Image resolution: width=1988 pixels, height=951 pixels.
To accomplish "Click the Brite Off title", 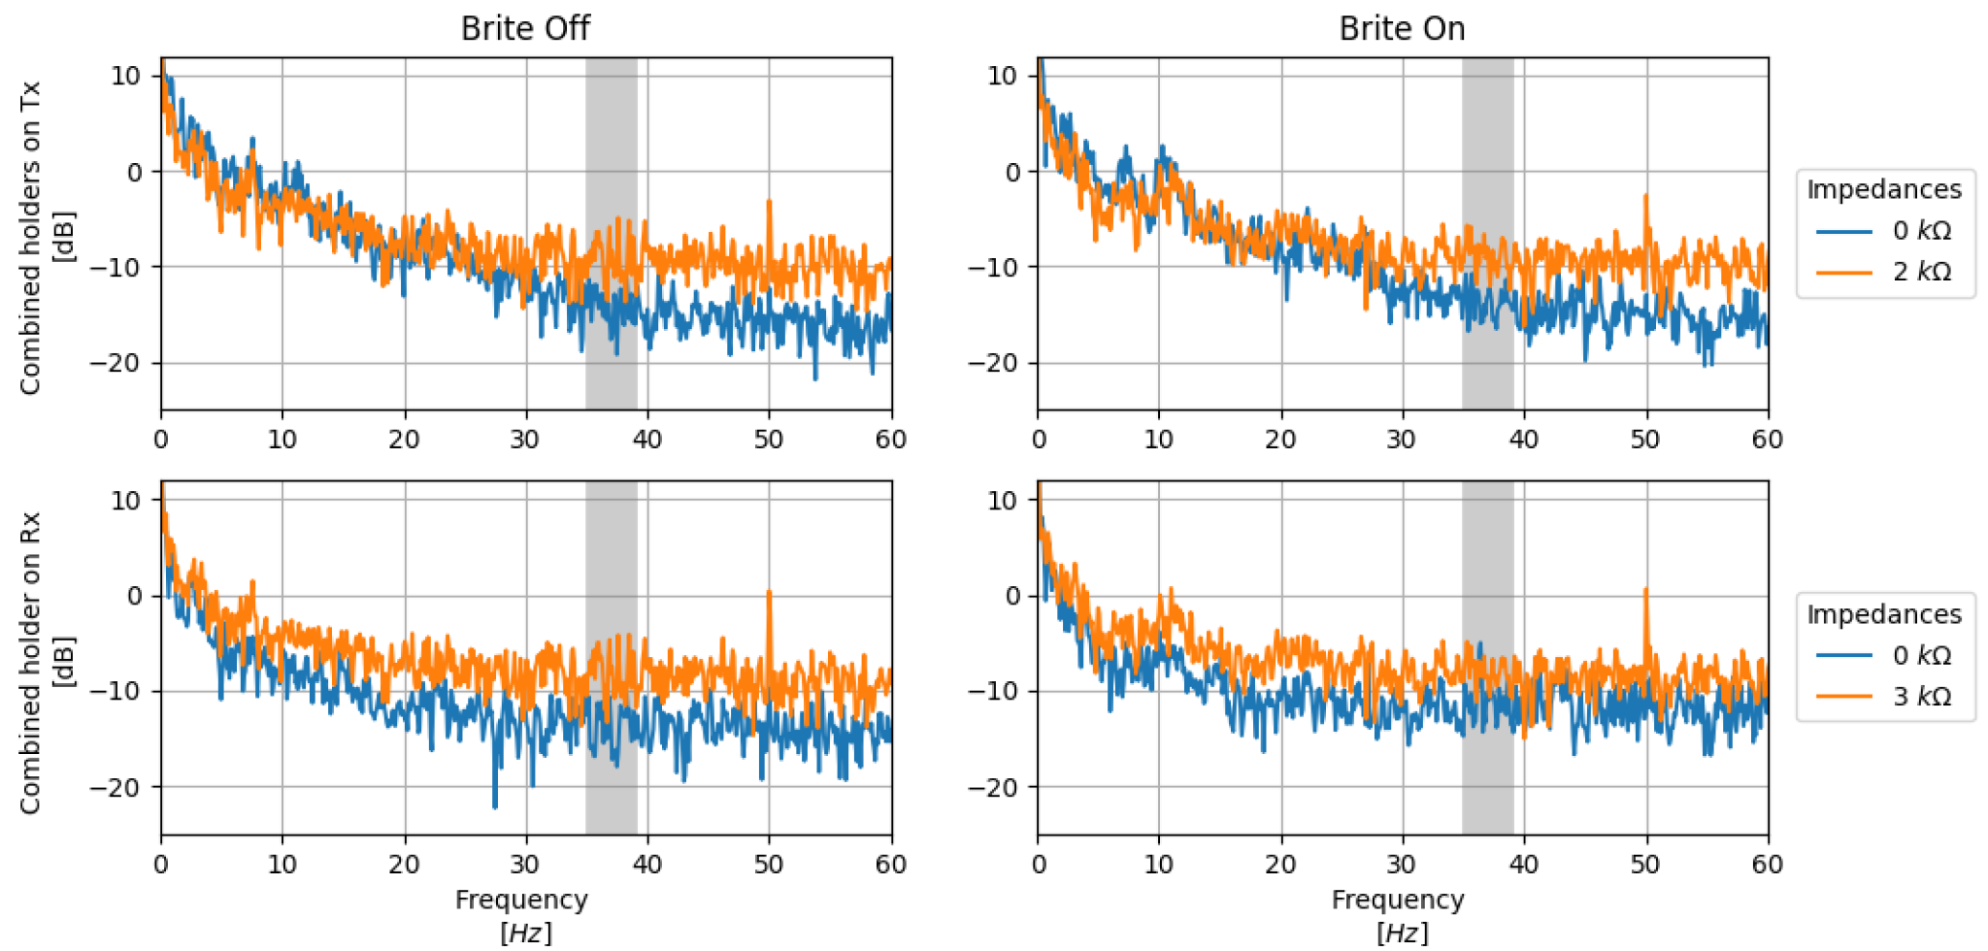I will point(524,28).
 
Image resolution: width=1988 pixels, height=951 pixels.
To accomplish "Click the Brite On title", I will point(1401,28).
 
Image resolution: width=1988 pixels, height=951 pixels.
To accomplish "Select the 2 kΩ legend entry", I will point(1920,272).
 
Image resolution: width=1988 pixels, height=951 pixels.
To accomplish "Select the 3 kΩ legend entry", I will point(1920,697).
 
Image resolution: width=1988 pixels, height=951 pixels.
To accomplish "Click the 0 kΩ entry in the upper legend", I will point(1920,231).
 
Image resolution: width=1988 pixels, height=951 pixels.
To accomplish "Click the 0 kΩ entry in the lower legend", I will point(1920,656).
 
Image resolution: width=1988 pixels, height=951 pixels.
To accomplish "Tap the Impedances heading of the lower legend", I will point(1883,614).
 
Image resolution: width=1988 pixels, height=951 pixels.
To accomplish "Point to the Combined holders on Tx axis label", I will point(30,238).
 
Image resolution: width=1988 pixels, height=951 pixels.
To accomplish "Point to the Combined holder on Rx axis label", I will point(30,663).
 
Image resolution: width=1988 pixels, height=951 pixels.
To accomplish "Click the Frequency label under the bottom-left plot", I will point(521,900).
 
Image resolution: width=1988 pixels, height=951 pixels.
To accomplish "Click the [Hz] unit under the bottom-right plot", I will point(1401,933).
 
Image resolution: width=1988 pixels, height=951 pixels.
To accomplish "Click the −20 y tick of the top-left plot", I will point(116,363).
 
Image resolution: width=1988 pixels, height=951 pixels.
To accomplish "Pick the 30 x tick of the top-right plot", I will point(1401,440).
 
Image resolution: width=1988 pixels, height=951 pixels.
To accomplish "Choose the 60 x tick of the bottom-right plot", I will point(1767,865).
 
